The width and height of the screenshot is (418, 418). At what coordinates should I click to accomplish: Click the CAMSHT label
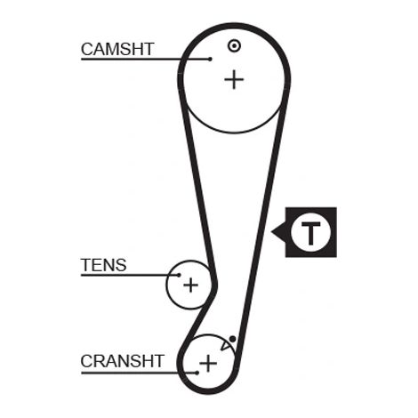[x=117, y=49]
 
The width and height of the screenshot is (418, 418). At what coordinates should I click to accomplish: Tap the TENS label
[x=104, y=265]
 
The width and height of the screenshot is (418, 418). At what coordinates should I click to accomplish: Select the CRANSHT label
[x=122, y=361]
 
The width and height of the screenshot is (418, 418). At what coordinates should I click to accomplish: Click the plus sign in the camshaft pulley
[x=234, y=79]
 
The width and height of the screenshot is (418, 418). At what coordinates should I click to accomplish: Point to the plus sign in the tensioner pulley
[x=190, y=285]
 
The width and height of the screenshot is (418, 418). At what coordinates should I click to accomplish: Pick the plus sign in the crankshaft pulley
[x=208, y=363]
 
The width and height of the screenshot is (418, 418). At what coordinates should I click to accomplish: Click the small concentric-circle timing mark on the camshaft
[x=234, y=45]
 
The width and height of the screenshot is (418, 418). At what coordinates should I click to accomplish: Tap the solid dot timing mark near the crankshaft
[x=233, y=339]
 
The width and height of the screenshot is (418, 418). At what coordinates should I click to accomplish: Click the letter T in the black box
[x=310, y=233]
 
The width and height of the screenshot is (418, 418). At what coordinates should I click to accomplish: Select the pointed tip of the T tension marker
[x=271, y=231]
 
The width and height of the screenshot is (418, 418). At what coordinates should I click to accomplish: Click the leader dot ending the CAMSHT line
[x=210, y=59]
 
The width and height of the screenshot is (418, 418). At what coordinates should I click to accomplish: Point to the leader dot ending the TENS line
[x=179, y=275]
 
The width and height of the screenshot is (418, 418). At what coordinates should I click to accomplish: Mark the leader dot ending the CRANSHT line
[x=197, y=373]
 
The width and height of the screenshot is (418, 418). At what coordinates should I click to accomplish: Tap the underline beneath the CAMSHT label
[x=145, y=60]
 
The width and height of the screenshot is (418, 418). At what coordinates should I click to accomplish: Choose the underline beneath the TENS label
[x=130, y=275]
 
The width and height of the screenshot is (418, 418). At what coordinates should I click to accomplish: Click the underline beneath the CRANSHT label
[x=139, y=373]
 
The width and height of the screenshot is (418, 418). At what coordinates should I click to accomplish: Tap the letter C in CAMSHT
[x=87, y=49]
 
